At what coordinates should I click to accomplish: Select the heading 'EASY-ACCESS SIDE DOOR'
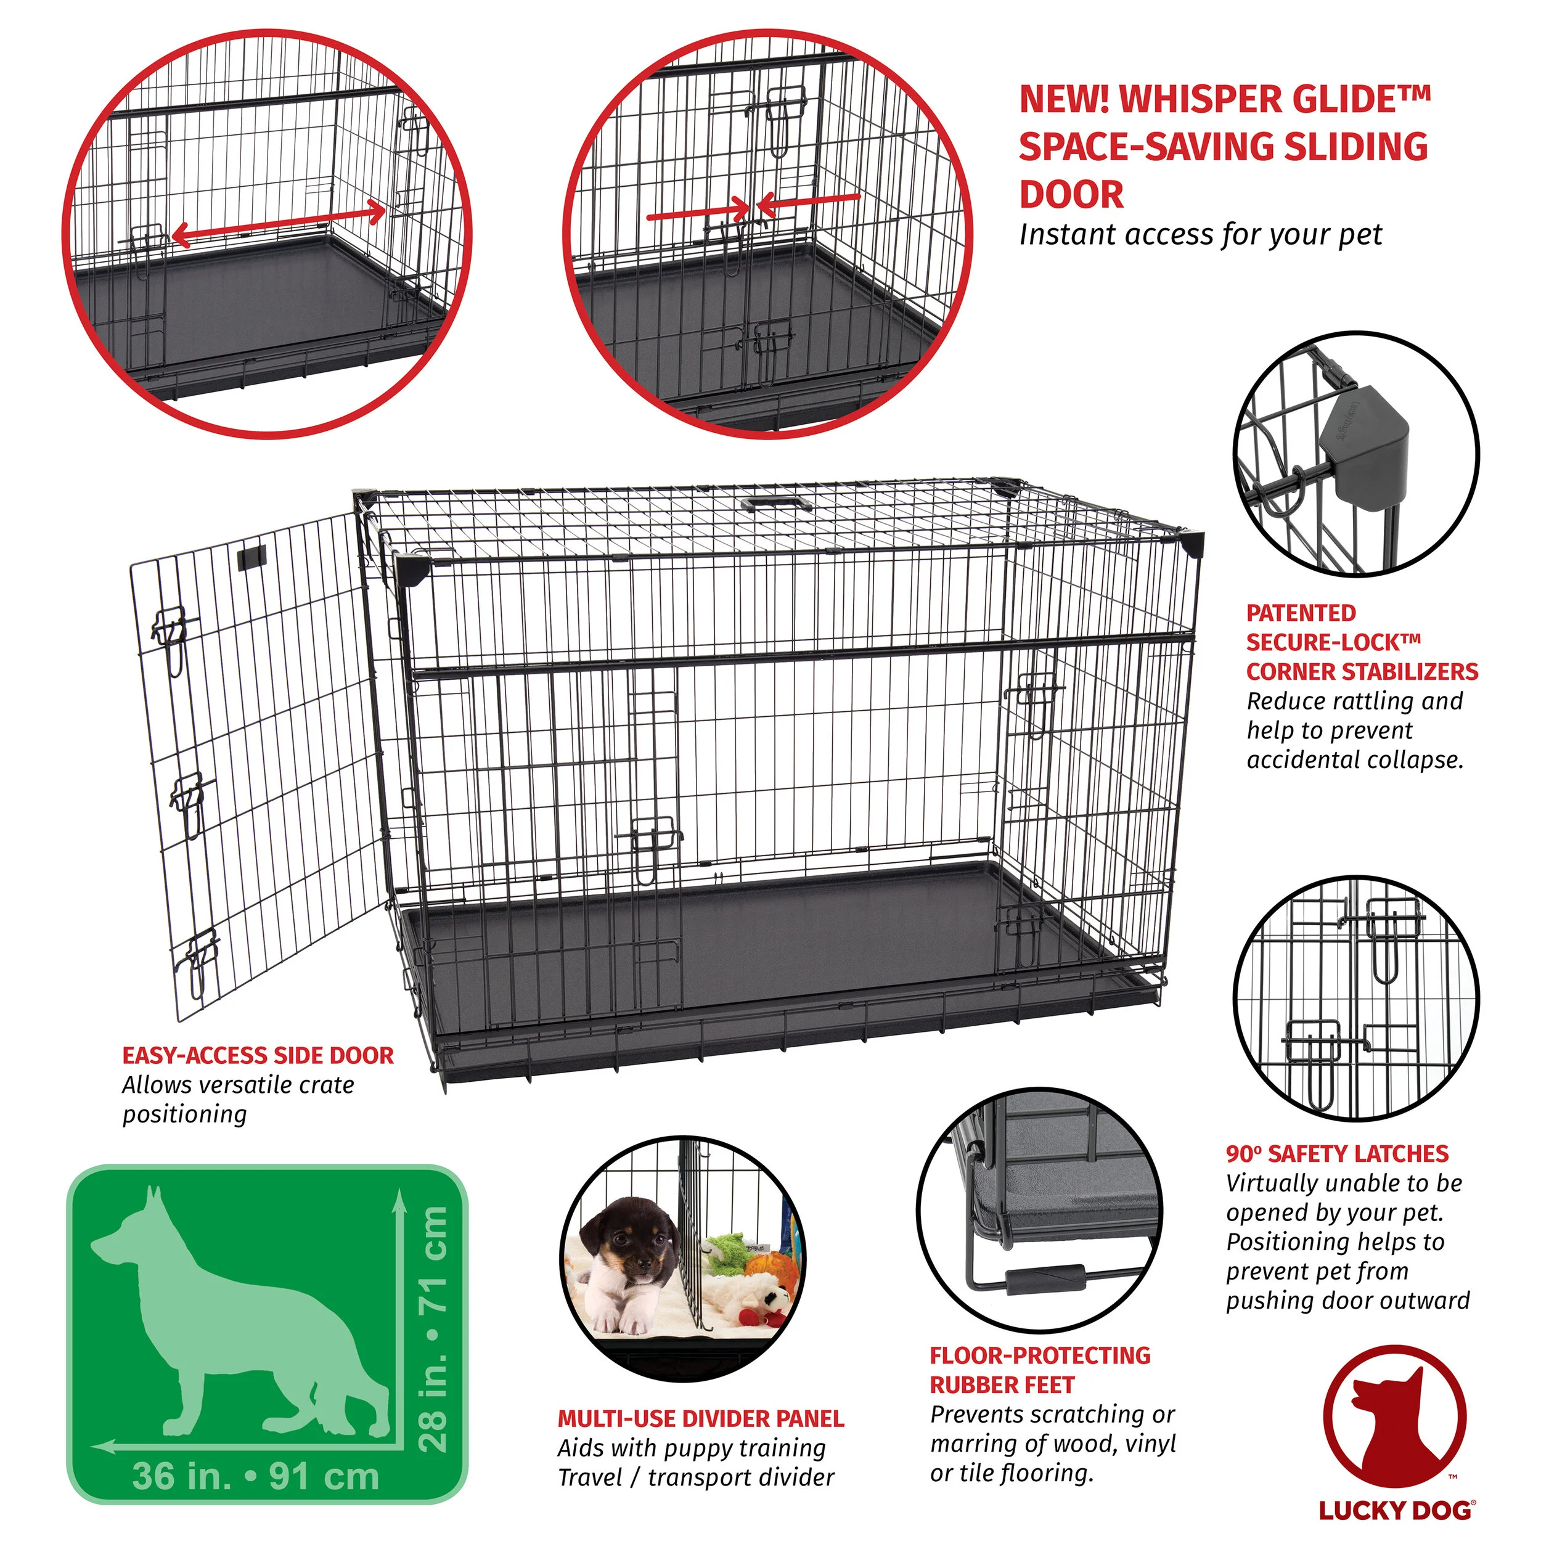point(258,1056)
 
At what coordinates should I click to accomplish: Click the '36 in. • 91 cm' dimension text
point(255,1476)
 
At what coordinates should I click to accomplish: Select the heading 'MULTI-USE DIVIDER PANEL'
point(700,1419)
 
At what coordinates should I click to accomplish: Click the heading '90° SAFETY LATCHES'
point(1337,1153)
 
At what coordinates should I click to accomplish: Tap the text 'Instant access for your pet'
point(1200,234)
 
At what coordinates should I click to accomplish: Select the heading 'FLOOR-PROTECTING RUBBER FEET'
point(1040,1370)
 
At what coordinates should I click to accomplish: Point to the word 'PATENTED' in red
point(1301,613)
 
